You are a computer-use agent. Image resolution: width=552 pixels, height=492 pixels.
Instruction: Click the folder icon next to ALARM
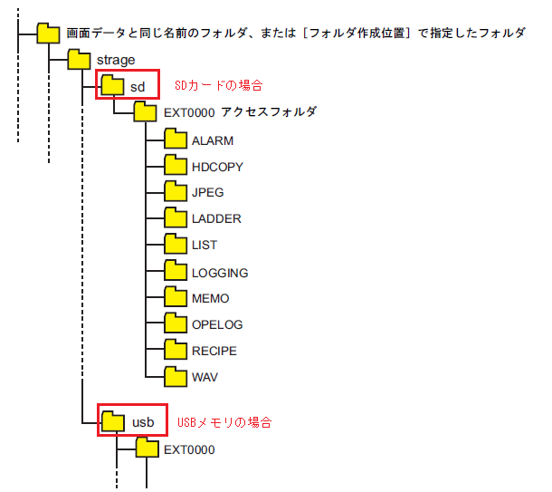click(x=176, y=140)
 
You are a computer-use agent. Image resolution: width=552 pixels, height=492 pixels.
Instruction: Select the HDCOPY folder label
click(x=217, y=167)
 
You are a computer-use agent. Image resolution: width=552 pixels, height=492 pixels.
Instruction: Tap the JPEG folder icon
click(x=176, y=192)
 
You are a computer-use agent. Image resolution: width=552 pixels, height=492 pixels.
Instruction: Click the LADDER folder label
click(x=216, y=218)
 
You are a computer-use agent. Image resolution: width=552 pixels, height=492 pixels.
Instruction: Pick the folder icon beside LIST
click(x=176, y=245)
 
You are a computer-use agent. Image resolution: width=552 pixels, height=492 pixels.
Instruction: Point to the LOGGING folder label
click(x=220, y=272)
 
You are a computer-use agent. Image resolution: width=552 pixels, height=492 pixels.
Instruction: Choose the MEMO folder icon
click(x=176, y=297)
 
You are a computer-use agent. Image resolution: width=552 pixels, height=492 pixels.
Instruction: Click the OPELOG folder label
click(x=217, y=324)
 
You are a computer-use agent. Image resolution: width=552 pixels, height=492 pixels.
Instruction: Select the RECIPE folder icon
click(x=176, y=350)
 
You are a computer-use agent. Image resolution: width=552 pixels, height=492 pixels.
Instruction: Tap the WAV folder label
click(x=205, y=377)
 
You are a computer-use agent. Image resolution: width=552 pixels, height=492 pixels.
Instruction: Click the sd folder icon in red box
click(x=112, y=85)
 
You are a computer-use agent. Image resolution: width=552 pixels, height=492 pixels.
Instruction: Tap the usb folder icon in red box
click(x=113, y=421)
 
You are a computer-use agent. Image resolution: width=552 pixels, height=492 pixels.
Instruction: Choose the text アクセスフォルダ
click(x=269, y=112)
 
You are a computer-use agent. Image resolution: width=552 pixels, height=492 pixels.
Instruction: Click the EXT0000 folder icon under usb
click(x=146, y=449)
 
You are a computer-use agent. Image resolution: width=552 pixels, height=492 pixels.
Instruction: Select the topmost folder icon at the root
click(x=49, y=34)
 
